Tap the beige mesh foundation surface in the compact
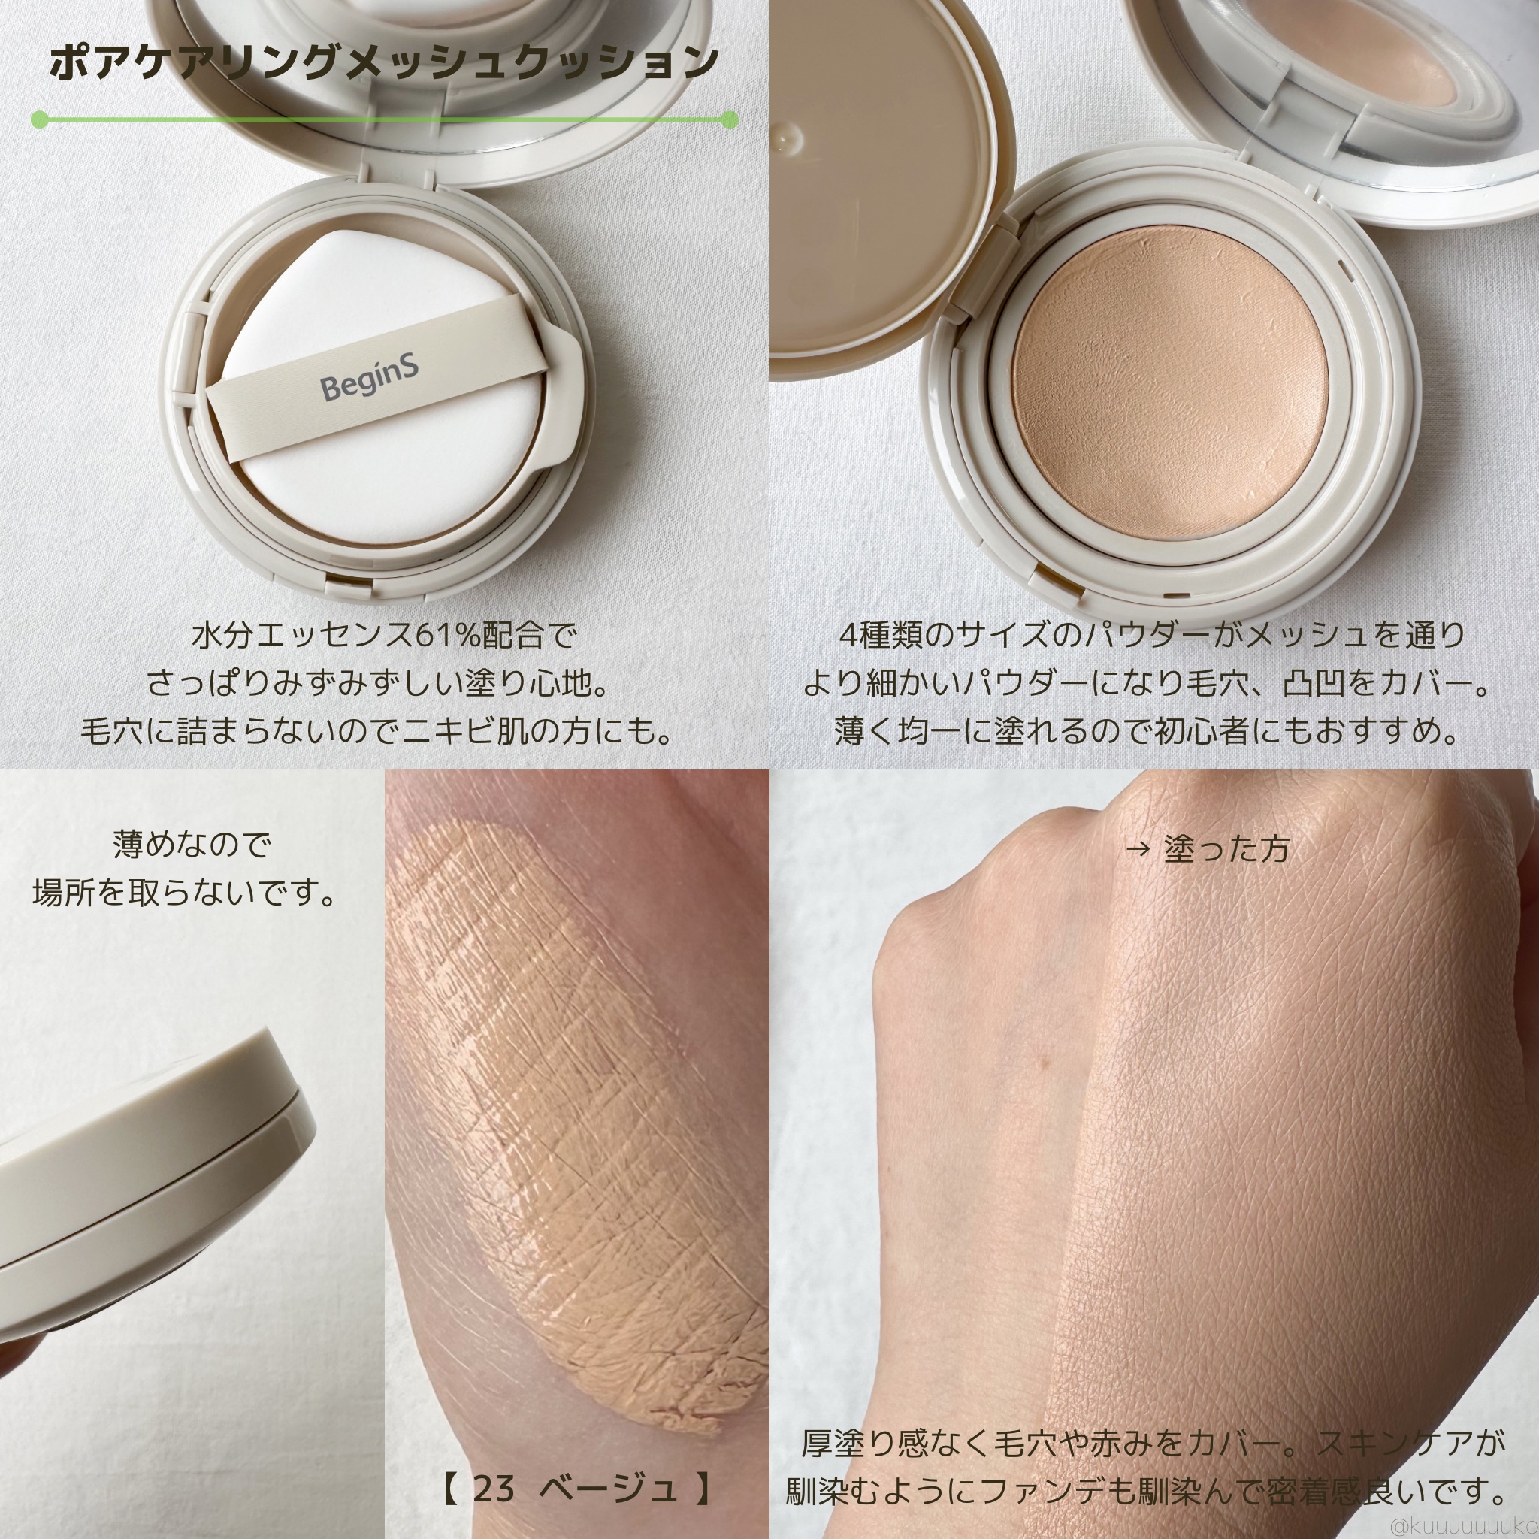(1172, 381)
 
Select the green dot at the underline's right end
(729, 120)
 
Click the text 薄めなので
(192, 845)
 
